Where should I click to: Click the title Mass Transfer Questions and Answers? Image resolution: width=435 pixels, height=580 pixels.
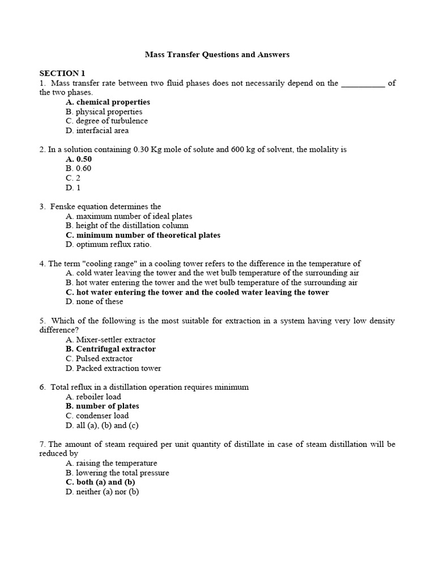[217, 54]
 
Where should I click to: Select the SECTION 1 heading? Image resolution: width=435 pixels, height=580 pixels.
[62, 73]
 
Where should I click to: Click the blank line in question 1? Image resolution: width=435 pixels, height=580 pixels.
[363, 84]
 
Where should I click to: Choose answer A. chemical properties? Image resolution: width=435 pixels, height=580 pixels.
[108, 102]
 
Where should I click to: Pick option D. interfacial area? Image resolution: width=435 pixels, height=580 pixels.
[97, 130]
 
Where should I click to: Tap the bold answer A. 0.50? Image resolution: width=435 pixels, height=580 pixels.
[79, 159]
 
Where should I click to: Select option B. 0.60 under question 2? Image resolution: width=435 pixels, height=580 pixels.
[78, 168]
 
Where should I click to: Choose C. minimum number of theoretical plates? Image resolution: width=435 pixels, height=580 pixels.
[143, 235]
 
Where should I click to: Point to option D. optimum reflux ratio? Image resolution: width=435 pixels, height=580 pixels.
[108, 245]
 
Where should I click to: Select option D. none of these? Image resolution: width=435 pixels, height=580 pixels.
[94, 302]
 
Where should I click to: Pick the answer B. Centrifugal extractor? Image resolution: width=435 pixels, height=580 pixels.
[110, 349]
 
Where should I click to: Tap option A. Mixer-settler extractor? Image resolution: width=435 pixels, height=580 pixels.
[110, 340]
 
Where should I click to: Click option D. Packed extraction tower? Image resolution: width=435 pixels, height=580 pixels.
[113, 368]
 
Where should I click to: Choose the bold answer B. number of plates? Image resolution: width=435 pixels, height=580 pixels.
[102, 406]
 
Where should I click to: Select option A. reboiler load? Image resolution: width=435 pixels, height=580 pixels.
[93, 396]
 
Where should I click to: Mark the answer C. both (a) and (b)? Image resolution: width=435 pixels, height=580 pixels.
[100, 482]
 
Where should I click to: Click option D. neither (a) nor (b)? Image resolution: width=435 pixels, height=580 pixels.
[102, 492]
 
